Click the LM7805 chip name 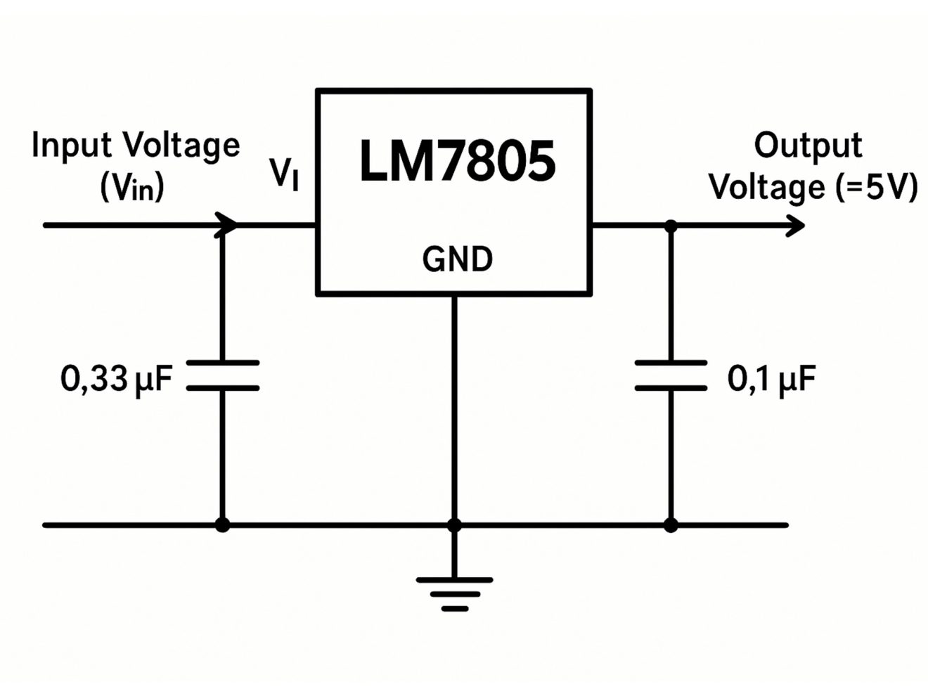457,161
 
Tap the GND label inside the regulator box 457,259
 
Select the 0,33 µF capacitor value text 116,379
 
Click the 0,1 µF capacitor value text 771,379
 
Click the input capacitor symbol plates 222,375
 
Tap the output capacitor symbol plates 671,375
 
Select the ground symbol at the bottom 455,593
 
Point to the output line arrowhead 796,226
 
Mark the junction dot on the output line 671,226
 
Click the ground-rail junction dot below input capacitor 222,524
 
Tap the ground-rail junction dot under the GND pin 454,524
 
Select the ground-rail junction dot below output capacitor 671,524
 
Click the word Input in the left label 71,146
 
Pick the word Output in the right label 808,146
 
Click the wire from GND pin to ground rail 454,408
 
